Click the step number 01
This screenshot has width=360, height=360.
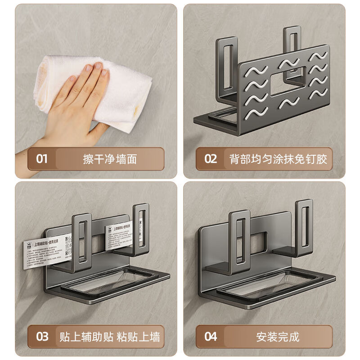tap(42, 159)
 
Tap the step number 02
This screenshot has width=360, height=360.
tap(211, 159)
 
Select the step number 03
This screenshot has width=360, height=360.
tap(42, 336)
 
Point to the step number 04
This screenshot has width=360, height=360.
tap(211, 336)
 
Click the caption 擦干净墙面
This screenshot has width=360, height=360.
tap(110, 159)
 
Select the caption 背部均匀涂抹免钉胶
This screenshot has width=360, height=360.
tap(278, 159)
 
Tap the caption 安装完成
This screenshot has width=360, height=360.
tap(278, 336)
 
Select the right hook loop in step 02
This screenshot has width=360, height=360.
tap(293, 49)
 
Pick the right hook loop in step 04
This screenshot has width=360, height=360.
tap(305, 225)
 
